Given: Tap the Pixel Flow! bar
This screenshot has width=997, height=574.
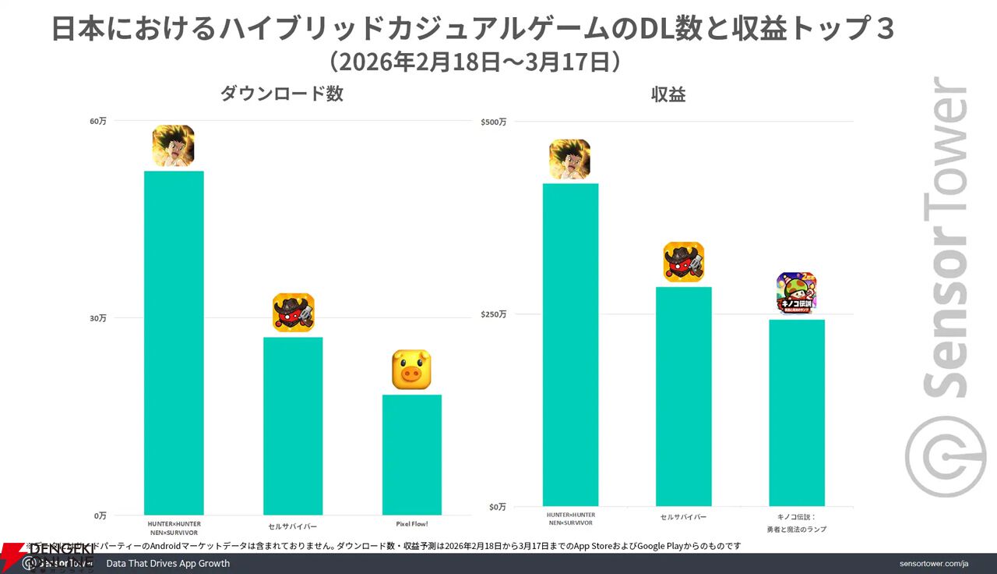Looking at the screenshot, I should pos(412,454).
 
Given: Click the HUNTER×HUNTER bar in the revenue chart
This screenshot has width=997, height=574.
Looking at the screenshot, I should pos(570,344).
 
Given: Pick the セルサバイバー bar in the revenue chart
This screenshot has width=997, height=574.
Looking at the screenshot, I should pos(683,396).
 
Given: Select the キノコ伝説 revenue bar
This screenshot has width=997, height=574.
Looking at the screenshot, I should pos(796,413).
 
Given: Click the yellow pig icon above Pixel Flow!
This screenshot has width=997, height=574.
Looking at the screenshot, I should pos(411,369).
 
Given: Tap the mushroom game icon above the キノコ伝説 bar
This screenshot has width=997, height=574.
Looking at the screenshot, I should pos(796,292).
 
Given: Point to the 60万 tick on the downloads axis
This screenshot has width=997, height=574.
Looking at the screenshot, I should pos(98,121).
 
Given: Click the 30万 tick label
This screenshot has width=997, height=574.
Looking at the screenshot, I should pos(98,318).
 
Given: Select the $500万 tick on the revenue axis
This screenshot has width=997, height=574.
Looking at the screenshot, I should pos(493,122).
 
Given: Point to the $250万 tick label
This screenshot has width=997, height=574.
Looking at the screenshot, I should pos(493,314).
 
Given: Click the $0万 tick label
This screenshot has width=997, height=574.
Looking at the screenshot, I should pos(497,507).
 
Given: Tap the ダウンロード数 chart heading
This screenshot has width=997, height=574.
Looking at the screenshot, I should pos(281,94).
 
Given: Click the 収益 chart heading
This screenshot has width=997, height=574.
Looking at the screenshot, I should pos(668,94).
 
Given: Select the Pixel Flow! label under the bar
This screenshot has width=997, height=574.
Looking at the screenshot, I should pos(411,523).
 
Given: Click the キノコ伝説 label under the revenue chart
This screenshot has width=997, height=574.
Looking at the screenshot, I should pos(796,522).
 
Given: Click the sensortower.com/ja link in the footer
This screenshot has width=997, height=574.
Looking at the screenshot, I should pos(933,563).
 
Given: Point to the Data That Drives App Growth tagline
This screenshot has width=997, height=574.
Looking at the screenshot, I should pos(167,563).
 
